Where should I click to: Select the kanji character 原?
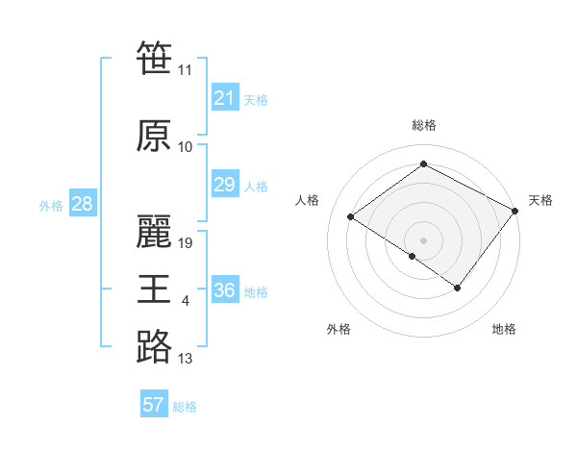[154, 138]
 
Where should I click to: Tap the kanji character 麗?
[154, 233]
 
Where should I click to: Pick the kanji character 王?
[154, 289]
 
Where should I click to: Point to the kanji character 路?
[154, 347]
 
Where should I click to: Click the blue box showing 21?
[225, 98]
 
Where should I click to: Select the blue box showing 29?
[225, 185]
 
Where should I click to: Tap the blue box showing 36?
[225, 290]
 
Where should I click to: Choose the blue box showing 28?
[82, 204]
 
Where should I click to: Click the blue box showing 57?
[154, 405]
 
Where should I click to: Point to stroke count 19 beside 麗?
[187, 243]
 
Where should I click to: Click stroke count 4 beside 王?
[185, 301]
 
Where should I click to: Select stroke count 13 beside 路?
[186, 359]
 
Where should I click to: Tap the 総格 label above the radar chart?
[423, 125]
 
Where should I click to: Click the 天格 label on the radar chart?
[540, 200]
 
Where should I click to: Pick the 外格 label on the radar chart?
[339, 329]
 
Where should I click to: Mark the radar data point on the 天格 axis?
[514, 211]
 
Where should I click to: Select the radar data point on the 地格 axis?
[458, 288]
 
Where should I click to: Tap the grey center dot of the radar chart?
[423, 239]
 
